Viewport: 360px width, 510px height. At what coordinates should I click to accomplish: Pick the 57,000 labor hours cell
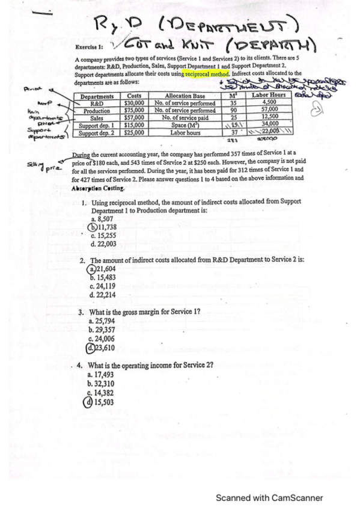tap(269, 110)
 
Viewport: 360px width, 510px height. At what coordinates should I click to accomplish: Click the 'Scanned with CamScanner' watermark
tap(269, 497)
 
